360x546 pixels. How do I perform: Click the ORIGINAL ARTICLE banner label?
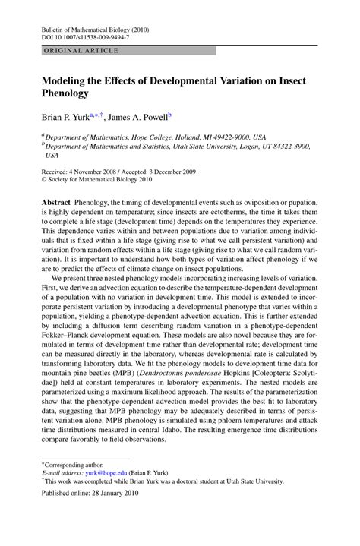point(70,50)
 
